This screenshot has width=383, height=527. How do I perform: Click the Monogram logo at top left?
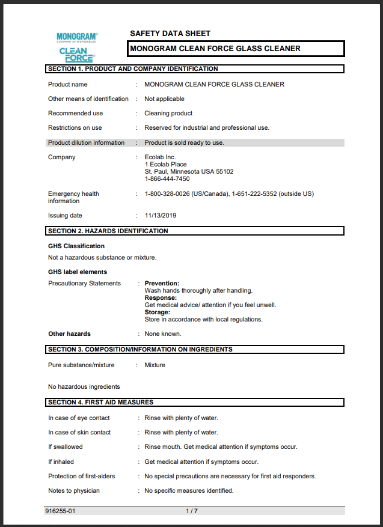click(x=77, y=38)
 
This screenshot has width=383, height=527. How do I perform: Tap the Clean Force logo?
click(x=77, y=55)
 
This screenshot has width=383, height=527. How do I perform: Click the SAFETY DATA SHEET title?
click(x=170, y=34)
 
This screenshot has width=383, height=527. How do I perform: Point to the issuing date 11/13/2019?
click(x=161, y=216)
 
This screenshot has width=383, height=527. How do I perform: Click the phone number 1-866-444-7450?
click(x=167, y=179)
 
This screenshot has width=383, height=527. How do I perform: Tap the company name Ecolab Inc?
click(x=160, y=157)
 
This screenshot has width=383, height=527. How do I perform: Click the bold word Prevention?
click(x=162, y=284)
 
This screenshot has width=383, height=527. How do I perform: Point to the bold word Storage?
click(x=158, y=312)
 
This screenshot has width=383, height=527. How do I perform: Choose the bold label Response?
click(x=161, y=298)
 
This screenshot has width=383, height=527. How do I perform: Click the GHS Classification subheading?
click(x=76, y=246)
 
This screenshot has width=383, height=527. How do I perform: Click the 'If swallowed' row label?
click(x=66, y=447)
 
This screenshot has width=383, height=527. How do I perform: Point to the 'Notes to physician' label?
click(x=74, y=491)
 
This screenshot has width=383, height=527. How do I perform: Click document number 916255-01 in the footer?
click(x=60, y=511)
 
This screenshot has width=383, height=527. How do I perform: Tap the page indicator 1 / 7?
click(x=191, y=511)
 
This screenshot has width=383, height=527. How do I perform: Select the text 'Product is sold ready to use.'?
click(x=184, y=143)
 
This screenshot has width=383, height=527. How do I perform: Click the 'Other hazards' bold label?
click(x=70, y=334)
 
